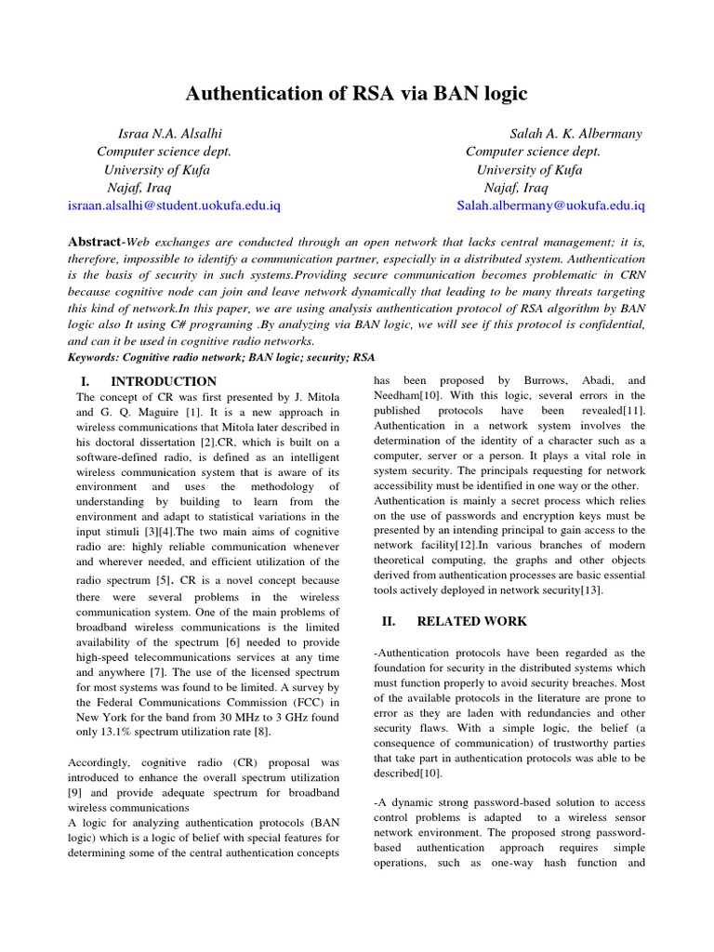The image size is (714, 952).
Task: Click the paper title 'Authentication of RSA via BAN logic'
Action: tap(357, 93)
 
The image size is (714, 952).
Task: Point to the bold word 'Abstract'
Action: tap(96, 242)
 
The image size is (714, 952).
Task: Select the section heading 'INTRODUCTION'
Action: tap(164, 381)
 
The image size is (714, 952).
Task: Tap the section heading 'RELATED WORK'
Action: tap(471, 621)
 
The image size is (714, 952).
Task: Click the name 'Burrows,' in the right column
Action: tap(534, 381)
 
